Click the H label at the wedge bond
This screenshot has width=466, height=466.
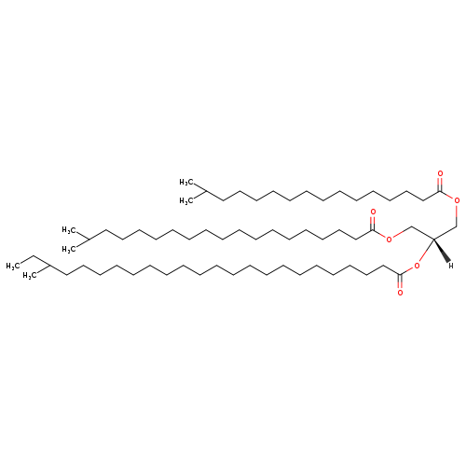click(451, 266)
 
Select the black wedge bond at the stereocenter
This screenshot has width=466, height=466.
click(441, 250)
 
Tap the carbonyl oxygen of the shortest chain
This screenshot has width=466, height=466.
click(440, 173)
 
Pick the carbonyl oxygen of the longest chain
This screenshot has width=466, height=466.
click(400, 293)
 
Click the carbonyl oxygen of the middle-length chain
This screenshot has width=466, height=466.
click(373, 212)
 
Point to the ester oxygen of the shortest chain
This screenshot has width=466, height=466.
click(457, 200)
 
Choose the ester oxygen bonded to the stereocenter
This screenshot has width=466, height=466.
click(417, 266)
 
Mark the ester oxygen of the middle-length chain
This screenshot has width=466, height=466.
click(389, 240)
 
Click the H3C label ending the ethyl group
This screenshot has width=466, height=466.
click(13, 266)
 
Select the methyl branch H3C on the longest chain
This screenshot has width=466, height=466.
click(30, 276)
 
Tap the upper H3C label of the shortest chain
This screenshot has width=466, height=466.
click(186, 182)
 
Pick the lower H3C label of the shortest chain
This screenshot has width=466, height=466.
click(186, 201)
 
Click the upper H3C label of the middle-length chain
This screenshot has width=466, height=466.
click(69, 230)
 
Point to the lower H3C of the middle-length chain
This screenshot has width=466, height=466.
click(69, 249)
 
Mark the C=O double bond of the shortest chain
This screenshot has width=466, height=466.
click(440, 184)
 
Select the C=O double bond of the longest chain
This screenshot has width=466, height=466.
click(400, 281)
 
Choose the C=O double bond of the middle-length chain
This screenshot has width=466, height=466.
click(373, 223)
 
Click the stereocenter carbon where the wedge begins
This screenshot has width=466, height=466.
click(433, 239)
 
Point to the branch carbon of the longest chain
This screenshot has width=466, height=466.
click(49, 266)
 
